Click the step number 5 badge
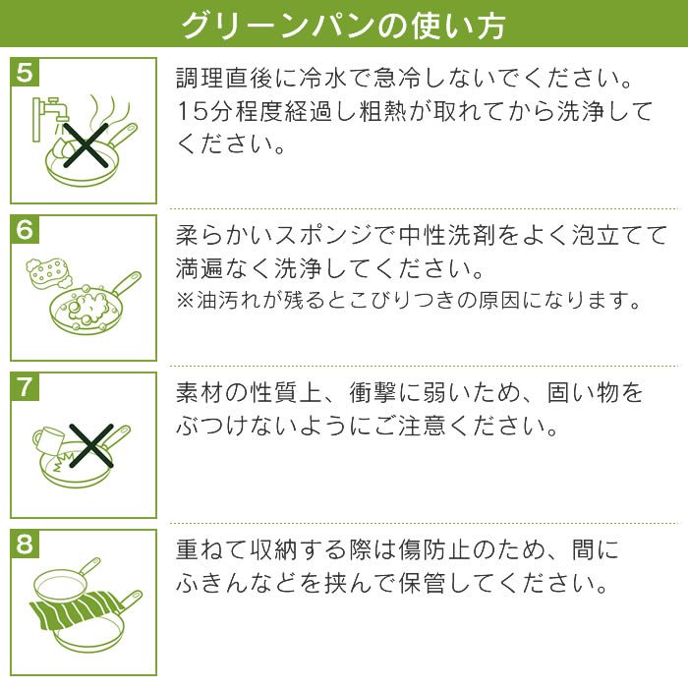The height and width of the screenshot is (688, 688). (x=25, y=72)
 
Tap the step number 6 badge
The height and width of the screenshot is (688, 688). (x=25, y=229)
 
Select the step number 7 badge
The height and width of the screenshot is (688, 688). (x=25, y=386)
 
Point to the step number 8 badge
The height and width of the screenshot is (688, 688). (x=25, y=544)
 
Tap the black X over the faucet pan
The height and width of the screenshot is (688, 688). (x=86, y=145)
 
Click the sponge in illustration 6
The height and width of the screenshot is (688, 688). (x=47, y=271)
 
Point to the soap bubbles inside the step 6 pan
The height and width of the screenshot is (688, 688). (x=87, y=306)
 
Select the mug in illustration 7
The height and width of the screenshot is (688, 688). (x=47, y=440)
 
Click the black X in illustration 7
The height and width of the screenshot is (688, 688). (x=91, y=446)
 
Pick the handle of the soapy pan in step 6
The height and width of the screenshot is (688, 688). (x=127, y=283)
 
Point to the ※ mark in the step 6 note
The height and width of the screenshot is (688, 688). (x=185, y=301)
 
